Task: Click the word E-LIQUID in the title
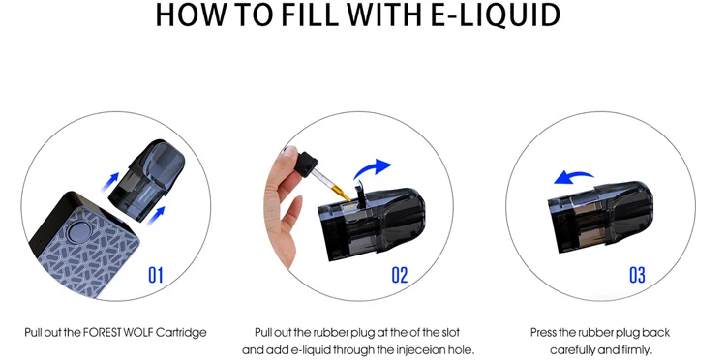(495, 15)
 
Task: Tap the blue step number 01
(156, 275)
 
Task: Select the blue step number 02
(400, 275)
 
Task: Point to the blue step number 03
(637, 275)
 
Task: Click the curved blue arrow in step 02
(372, 169)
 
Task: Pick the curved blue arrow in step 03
(574, 177)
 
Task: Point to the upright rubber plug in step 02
(359, 194)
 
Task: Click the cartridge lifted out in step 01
(146, 180)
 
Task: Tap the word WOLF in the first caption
(138, 333)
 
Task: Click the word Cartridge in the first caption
(182, 333)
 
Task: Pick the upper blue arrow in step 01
(109, 182)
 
